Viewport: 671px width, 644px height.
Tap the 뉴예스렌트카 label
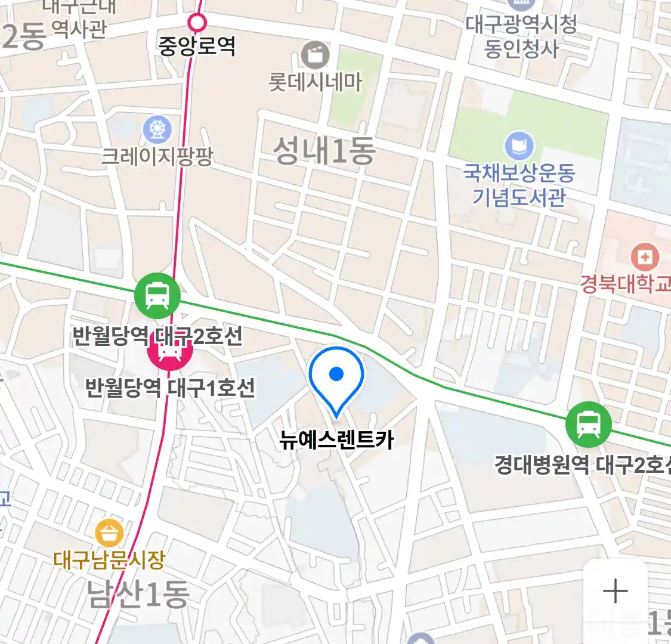(x=336, y=440)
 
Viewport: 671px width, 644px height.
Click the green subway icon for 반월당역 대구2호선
(x=157, y=295)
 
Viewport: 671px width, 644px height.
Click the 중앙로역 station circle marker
(x=197, y=23)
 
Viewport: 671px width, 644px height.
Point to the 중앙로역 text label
(x=197, y=46)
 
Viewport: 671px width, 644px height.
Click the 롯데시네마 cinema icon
(x=315, y=55)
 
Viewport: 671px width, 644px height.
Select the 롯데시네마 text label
(x=315, y=82)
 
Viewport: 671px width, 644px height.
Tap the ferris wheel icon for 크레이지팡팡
(x=157, y=129)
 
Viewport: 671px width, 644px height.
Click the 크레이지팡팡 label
(x=157, y=156)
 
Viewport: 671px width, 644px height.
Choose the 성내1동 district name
(x=324, y=150)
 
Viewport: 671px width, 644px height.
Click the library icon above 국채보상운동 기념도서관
(x=519, y=145)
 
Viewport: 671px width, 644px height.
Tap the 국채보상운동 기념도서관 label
(x=519, y=185)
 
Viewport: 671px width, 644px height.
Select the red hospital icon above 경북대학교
(x=644, y=258)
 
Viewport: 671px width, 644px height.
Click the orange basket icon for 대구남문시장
(x=109, y=533)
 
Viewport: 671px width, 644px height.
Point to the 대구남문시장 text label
(x=109, y=560)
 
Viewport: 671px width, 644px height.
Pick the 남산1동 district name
(x=138, y=594)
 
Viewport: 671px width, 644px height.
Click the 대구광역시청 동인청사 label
(x=521, y=36)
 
